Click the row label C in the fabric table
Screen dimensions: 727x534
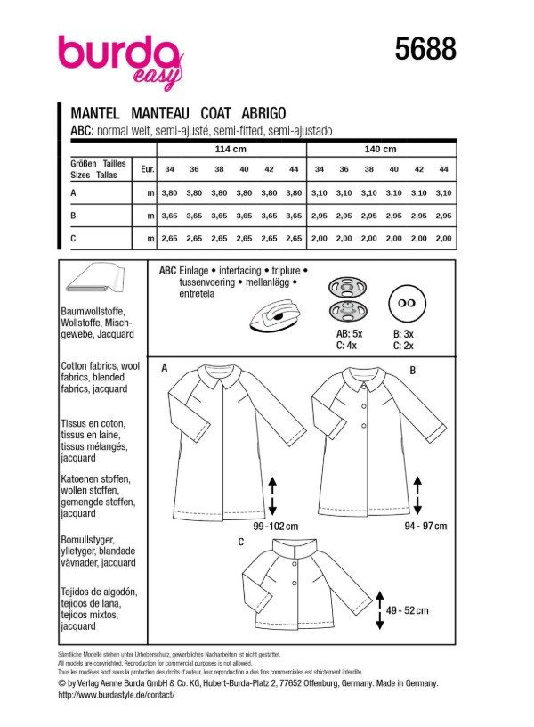coord(73,239)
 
